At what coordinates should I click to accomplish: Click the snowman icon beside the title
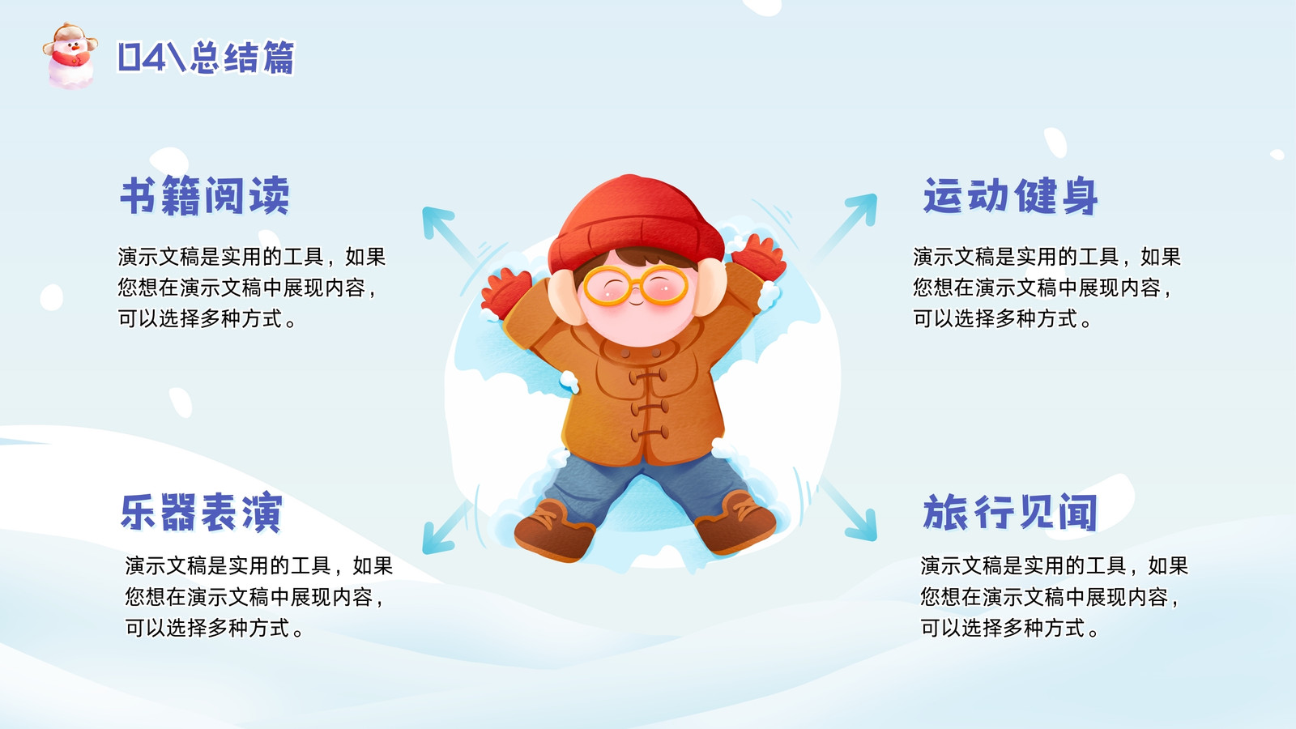(70, 56)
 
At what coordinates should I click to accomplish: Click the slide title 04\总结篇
(207, 58)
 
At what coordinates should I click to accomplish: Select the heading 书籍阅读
(205, 195)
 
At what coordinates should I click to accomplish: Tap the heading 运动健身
(1010, 196)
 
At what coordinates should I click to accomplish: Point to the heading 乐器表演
(202, 512)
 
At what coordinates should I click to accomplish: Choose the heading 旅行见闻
(1010, 512)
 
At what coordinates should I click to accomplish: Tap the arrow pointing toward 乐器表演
(446, 527)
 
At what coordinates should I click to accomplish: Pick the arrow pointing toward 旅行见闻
(848, 509)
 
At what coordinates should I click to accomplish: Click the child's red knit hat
(635, 223)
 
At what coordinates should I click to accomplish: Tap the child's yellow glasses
(635, 285)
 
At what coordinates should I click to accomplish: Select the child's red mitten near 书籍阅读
(505, 292)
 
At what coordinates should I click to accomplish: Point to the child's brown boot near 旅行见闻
(735, 522)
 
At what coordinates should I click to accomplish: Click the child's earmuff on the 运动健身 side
(710, 287)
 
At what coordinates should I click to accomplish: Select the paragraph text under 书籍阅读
(252, 288)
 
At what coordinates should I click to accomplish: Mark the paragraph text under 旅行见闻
(1054, 596)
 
